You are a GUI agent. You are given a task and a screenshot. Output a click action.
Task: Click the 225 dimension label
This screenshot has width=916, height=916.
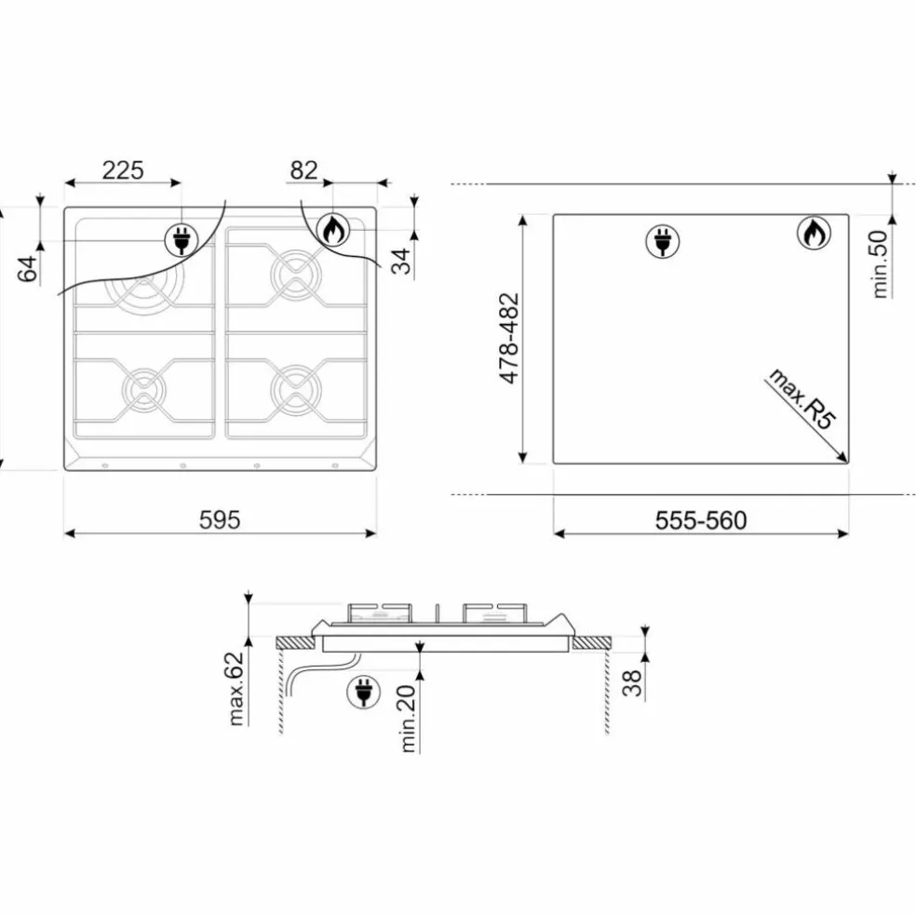[x=123, y=170]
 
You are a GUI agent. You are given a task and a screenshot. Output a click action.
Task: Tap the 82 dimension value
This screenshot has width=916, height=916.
[x=303, y=170]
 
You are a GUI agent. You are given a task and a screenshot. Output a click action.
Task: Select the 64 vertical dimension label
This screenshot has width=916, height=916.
[x=27, y=268]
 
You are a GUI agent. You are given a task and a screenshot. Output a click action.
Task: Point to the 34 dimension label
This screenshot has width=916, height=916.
[x=401, y=262]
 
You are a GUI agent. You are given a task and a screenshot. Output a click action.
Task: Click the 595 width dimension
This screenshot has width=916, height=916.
[x=220, y=519]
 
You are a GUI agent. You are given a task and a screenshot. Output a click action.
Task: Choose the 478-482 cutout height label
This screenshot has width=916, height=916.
[x=509, y=338]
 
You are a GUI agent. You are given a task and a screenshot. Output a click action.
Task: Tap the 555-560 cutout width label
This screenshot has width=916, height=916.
[x=701, y=520]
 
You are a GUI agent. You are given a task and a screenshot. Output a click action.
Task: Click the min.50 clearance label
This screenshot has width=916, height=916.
[x=879, y=264]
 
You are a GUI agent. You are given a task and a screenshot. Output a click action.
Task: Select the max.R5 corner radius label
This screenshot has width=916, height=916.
[x=801, y=398]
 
